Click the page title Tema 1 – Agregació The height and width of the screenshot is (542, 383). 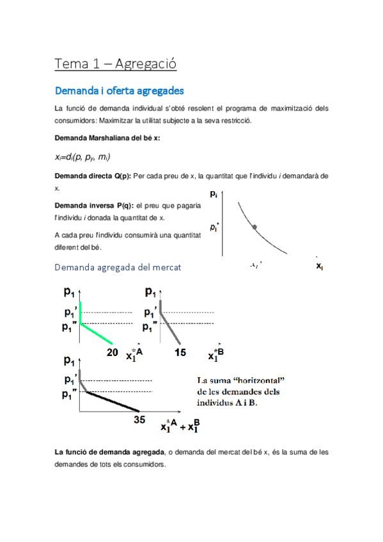(115, 64)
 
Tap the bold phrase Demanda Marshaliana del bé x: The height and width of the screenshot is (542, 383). (107, 138)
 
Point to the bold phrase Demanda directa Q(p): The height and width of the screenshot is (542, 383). (93, 175)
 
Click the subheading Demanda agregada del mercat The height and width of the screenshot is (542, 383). (118, 268)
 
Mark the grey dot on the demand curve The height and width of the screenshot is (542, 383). (254, 227)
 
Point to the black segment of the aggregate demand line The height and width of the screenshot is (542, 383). (112, 401)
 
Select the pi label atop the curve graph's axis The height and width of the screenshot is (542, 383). (214, 193)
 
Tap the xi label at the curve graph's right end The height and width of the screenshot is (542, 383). (319, 267)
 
